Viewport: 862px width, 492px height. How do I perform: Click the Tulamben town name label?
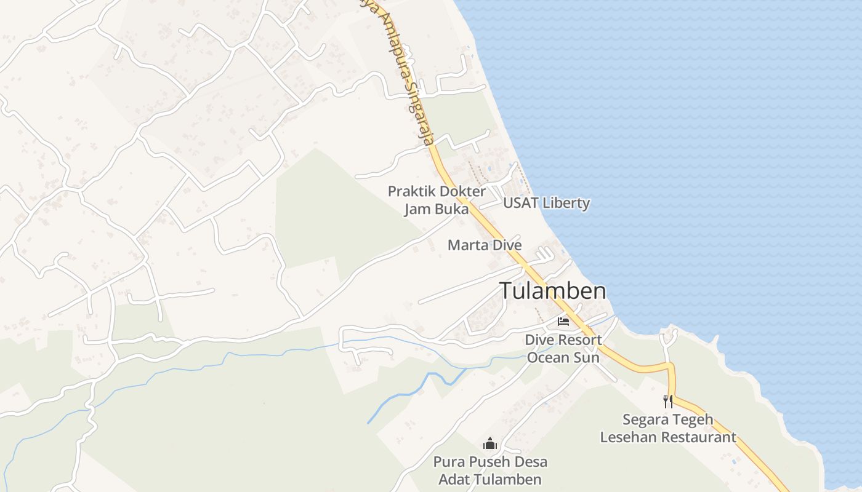[552, 291]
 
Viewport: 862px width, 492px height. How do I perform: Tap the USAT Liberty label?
[546, 203]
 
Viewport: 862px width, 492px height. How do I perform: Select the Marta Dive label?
[485, 245]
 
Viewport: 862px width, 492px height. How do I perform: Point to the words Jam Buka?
[436, 209]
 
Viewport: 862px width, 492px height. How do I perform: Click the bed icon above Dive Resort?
[563, 321]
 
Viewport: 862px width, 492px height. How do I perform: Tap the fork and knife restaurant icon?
[668, 402]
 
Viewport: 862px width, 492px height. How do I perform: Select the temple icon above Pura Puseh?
[490, 443]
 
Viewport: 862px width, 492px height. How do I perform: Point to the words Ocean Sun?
[563, 357]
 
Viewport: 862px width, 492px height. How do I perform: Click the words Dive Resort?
[563, 340]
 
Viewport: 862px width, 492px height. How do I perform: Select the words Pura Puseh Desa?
[490, 462]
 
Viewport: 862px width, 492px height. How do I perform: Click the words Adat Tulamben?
[490, 480]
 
